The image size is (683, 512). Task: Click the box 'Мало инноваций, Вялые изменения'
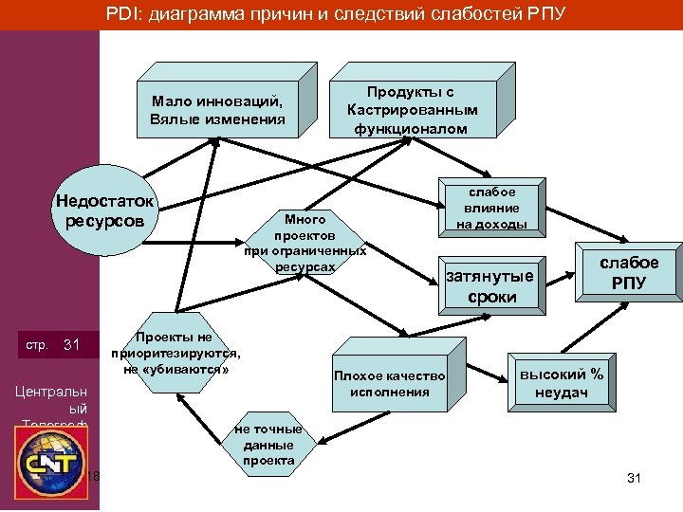click(217, 111)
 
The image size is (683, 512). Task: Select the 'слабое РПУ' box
click(627, 272)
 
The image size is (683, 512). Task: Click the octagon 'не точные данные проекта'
click(268, 445)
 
